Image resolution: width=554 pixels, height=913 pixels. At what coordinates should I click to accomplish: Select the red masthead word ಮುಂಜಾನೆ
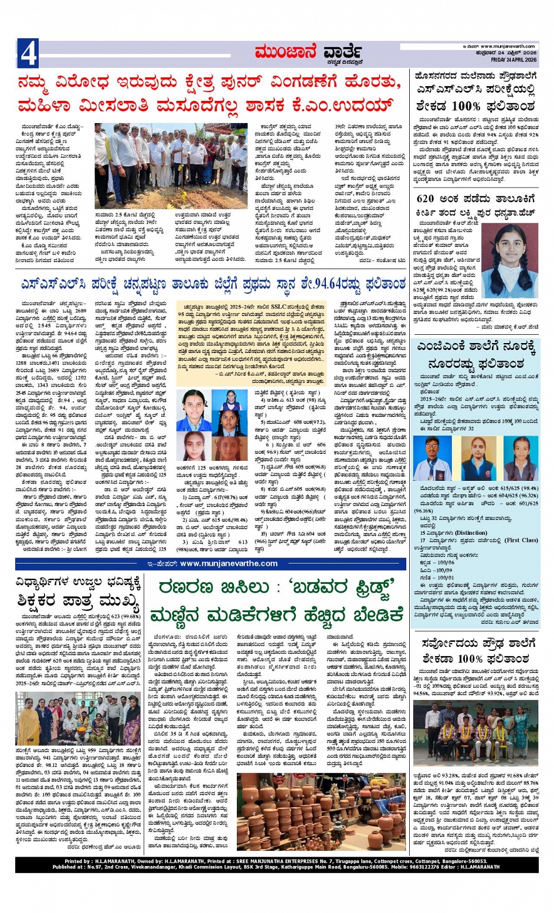286,53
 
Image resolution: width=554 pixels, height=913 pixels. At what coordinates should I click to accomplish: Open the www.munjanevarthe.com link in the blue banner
229,564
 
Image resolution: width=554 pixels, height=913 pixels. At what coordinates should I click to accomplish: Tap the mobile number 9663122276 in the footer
418,867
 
